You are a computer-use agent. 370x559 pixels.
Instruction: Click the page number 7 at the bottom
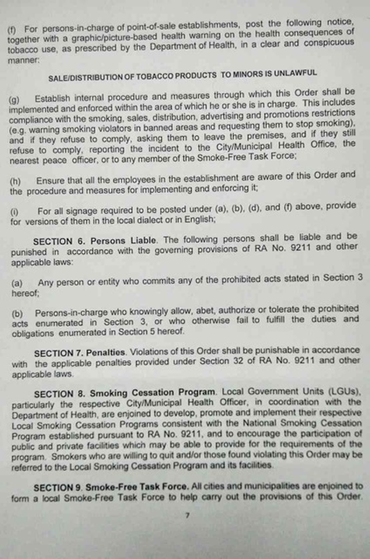[x=187, y=516]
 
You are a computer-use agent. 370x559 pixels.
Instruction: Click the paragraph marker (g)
[x=15, y=100]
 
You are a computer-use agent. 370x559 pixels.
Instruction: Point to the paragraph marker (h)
[x=15, y=182]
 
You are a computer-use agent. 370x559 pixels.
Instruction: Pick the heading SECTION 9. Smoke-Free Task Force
[x=123, y=487]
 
